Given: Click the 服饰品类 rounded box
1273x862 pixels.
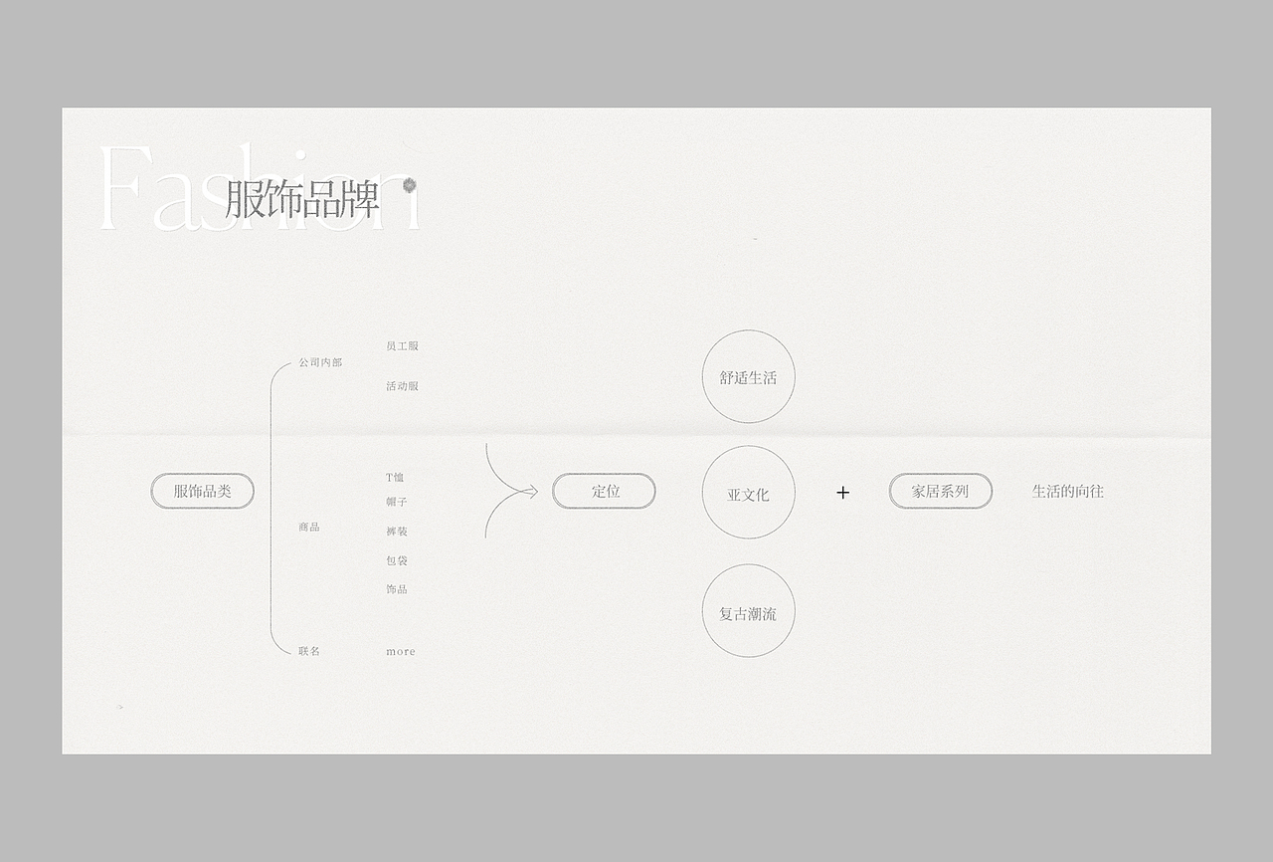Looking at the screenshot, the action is [202, 491].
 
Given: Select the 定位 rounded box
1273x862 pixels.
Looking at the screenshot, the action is [604, 491].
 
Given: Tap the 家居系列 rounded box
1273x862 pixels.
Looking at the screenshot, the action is [940, 491].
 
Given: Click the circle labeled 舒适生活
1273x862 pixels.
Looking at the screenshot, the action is [748, 377].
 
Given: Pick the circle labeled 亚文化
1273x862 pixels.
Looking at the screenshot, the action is [748, 493].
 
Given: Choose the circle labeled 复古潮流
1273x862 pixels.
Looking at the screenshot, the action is [748, 611].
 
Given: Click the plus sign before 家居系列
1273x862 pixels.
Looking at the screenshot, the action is [842, 492].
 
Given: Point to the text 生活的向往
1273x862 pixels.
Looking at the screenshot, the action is [1067, 491].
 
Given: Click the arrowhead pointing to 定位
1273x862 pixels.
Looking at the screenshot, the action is [532, 491].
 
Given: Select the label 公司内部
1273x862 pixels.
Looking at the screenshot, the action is [320, 363].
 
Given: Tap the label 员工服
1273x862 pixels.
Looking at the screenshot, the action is [402, 346].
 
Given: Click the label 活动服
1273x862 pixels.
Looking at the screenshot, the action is [402, 386].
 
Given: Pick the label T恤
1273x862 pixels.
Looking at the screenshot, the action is [395, 478].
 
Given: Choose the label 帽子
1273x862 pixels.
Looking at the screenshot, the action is [397, 502].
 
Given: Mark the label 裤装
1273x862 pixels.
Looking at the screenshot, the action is [397, 532].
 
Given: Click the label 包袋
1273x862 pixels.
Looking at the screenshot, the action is [397, 560].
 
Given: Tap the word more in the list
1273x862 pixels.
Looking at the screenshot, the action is [401, 652].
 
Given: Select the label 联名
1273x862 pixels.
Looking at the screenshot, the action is [309, 651].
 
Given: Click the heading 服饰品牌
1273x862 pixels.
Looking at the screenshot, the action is [302, 200].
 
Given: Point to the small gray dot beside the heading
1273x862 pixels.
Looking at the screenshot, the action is [409, 185].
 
